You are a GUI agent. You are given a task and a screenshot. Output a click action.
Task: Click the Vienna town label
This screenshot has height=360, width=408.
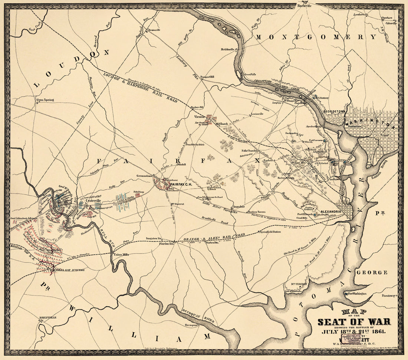pos(200,117)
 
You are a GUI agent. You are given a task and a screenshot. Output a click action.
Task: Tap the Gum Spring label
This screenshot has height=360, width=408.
pos(45,100)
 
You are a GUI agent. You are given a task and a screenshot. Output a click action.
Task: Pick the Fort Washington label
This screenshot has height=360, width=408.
pos(357,294)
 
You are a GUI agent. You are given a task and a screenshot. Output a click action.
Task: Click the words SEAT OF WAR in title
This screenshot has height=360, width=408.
pos(354,322)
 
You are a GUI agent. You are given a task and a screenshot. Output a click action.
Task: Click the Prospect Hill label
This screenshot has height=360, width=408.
pos(208,77)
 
